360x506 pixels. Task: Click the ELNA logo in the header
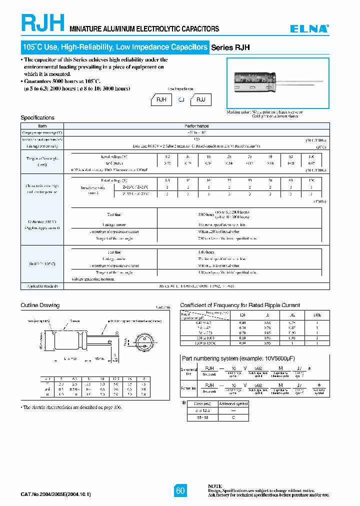pos(310,29)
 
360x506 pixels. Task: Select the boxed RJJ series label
pos(200,100)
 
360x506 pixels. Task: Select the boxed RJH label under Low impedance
pos(161,100)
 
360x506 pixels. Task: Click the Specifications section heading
pos(37,117)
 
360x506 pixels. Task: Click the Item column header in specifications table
pos(42,126)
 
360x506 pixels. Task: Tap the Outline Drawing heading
pos(40,305)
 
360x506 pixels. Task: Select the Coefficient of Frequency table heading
pos(240,305)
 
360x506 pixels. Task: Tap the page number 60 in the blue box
pos(180,490)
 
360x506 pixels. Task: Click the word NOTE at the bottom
pos(214,486)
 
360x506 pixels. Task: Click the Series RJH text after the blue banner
pos(230,47)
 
